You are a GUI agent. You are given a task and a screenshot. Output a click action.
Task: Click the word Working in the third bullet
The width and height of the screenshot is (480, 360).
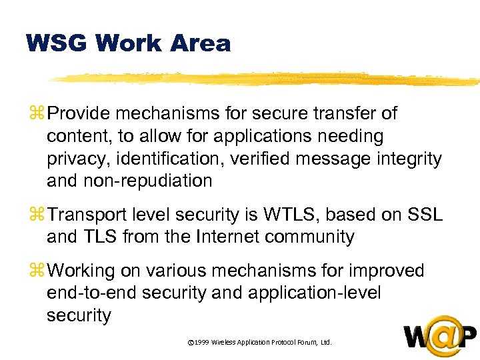tap(83, 271)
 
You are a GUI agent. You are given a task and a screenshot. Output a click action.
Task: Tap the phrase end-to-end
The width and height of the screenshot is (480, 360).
tap(87, 293)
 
